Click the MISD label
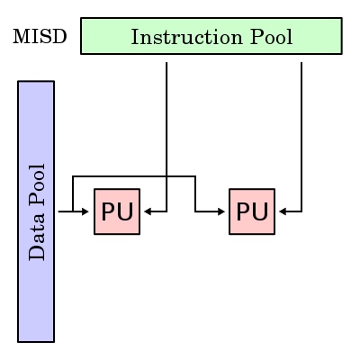[40, 37]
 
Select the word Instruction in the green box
[186, 37]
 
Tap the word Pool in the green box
[271, 37]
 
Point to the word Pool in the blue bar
[37, 184]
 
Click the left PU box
[117, 211]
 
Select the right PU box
[252, 211]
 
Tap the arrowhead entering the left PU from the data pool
[85, 211]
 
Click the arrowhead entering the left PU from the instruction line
[148, 211]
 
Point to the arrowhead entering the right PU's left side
[221, 211]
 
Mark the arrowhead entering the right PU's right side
[283, 211]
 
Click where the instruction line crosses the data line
[166, 176]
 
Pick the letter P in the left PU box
[109, 211]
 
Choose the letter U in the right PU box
[260, 211]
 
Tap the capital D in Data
[37, 253]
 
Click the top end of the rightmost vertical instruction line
[301, 63]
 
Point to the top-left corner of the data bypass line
[73, 176]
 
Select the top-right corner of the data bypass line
[195, 176]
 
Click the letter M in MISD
[22, 37]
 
